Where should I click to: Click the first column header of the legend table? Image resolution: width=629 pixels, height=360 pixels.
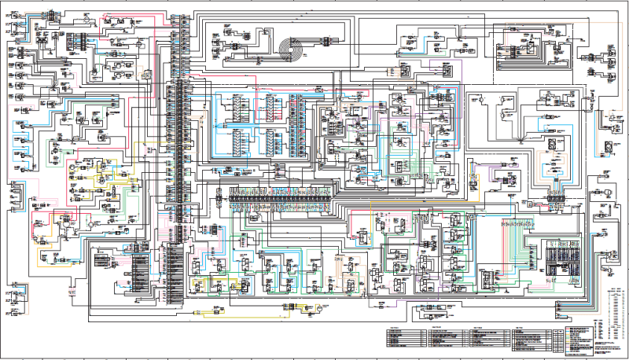tap(403, 327)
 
